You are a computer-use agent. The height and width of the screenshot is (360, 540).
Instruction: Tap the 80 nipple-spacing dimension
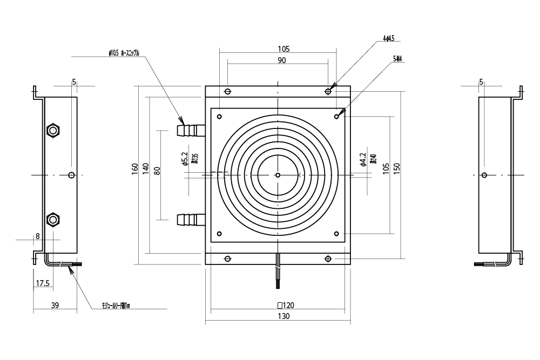157,171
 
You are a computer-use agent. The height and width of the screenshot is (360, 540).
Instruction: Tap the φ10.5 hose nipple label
124,53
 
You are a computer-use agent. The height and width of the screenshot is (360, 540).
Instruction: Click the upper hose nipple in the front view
191,130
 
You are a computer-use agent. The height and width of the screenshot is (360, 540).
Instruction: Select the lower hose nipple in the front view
191,219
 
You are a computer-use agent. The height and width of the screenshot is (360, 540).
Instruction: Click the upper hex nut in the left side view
53,131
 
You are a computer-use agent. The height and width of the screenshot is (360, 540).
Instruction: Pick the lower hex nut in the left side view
53,219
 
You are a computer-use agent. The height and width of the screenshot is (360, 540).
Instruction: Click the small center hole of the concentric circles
278,175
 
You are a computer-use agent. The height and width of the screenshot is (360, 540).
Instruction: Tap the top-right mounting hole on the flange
328,92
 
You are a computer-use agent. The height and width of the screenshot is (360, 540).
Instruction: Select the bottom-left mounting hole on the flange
227,259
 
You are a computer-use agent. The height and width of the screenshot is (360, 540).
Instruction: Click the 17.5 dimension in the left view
42,283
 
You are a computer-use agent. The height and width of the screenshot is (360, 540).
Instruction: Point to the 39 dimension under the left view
55,305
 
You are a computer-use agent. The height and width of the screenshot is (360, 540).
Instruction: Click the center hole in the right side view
484,175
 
